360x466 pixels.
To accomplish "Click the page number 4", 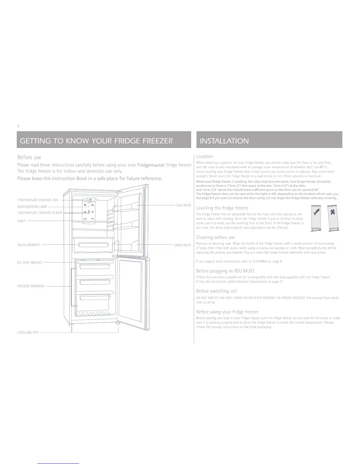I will pos(18,126).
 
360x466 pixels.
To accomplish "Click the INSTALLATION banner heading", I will pos(224,141).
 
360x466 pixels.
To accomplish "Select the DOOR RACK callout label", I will pos(182,245).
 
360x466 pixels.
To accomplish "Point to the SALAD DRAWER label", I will pos(29,245).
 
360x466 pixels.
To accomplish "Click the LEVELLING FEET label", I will pos(28,333).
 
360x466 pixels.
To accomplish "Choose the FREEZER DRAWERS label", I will pos(31,286).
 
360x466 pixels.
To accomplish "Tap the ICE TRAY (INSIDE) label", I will pos(29,262).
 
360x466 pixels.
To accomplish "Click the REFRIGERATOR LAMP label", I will pos(32,207).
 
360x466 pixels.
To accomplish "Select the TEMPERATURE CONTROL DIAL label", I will pos(38,200).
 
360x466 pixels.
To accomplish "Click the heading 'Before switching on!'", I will pos(216,291).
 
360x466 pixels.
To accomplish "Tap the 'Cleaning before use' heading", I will pos(215,237).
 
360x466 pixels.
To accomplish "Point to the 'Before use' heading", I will pos(29,157).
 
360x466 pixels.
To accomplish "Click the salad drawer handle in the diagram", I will pos(93,245).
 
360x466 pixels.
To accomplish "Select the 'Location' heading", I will pos(204,157).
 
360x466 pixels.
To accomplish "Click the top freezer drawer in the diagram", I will pos(93,267).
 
